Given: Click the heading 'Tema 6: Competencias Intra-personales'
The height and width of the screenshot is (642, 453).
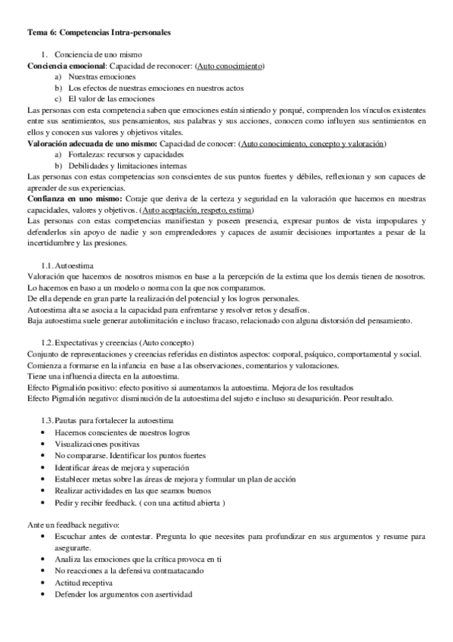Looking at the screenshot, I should click(x=99, y=33).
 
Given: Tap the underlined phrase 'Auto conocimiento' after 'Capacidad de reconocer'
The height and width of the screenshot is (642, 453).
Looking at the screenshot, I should click(x=230, y=67).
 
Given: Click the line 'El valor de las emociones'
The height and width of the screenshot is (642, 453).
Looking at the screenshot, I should click(x=111, y=99).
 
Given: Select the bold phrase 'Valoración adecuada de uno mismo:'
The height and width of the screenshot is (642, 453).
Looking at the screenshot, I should click(x=92, y=143).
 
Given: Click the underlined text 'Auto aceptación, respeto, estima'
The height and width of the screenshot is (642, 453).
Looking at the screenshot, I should click(x=198, y=210).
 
